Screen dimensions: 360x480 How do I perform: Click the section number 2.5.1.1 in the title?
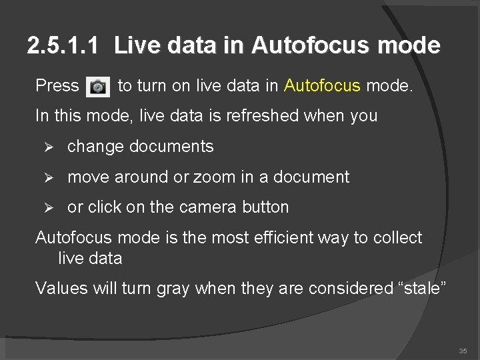click(64, 46)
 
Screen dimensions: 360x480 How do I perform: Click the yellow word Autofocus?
click(322, 85)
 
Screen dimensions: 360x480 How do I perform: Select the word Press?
click(57, 85)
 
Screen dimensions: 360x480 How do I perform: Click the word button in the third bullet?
click(265, 207)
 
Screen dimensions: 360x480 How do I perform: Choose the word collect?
click(397, 238)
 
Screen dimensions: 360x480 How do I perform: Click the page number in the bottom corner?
click(463, 351)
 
